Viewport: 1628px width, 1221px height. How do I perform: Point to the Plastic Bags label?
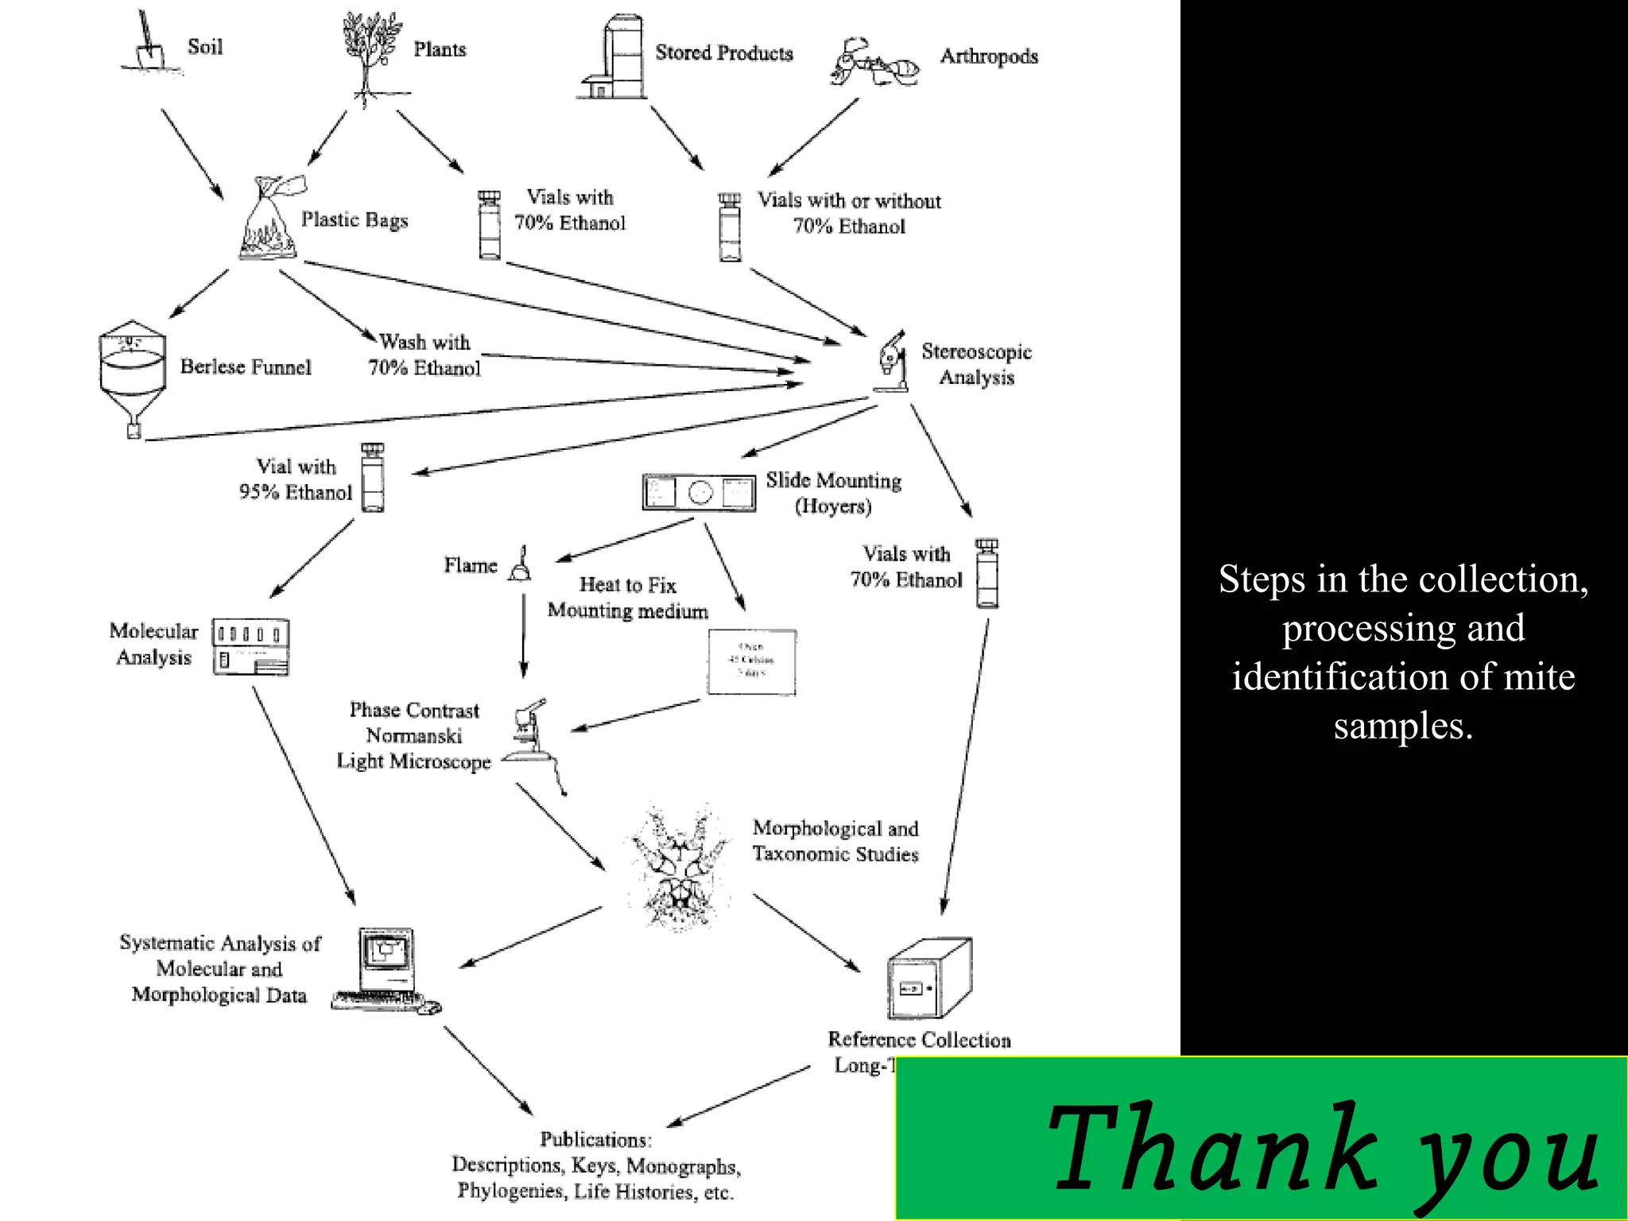coord(354,220)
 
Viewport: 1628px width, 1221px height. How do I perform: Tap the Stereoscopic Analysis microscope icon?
coord(892,362)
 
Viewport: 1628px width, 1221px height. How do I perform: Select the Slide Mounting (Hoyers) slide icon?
coord(699,492)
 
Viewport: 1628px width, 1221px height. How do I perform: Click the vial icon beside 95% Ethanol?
coord(372,478)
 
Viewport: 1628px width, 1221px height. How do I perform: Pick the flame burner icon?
coord(521,564)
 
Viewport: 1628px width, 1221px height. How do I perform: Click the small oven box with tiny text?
coord(751,661)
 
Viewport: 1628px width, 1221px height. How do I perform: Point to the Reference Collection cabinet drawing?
coord(928,979)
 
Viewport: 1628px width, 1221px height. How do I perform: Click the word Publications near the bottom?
coord(595,1139)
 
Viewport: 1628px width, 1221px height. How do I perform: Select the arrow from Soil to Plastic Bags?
coord(192,153)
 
